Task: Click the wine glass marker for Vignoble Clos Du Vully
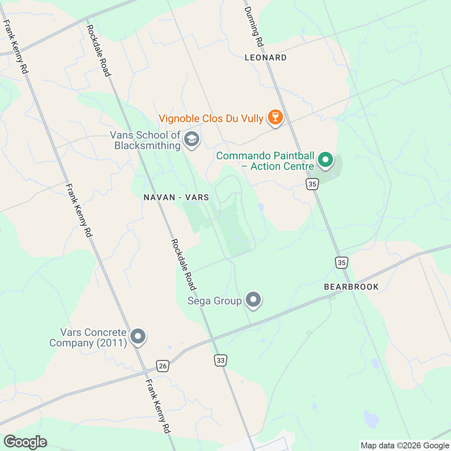tap(275, 117)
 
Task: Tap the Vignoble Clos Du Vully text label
tap(211, 119)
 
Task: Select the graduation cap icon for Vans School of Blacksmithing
tap(192, 139)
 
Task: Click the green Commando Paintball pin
tap(325, 160)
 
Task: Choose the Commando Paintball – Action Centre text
tap(265, 161)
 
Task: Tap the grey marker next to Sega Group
tap(253, 300)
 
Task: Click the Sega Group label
tap(215, 301)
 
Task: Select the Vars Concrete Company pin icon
tap(138, 336)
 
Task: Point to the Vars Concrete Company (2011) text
tap(88, 337)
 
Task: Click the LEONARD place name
tap(265, 58)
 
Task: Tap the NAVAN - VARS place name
tap(176, 197)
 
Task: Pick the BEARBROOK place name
tap(351, 287)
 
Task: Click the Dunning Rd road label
tap(253, 26)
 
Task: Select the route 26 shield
tap(162, 366)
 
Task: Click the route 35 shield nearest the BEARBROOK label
tap(341, 262)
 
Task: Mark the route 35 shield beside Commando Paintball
tap(312, 184)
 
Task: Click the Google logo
tap(26, 442)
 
